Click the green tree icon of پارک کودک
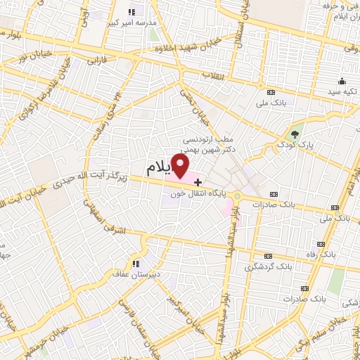(295, 134)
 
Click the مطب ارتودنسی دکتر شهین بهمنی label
(212, 144)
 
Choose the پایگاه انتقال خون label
(195, 193)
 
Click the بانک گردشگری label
(268, 266)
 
